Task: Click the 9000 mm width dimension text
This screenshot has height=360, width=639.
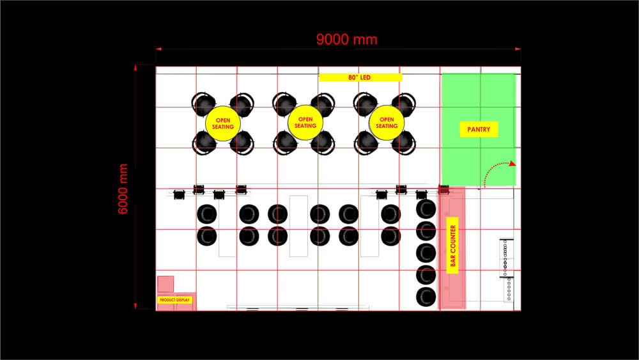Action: [x=347, y=40]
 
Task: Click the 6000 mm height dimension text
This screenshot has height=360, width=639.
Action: [x=123, y=189]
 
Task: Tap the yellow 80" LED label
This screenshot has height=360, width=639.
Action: [x=360, y=77]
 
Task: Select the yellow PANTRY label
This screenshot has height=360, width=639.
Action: [x=479, y=129]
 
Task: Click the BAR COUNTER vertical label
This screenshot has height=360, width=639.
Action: [x=453, y=246]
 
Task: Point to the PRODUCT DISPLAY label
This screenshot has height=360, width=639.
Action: [x=175, y=300]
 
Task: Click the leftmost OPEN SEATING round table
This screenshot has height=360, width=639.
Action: [x=223, y=123]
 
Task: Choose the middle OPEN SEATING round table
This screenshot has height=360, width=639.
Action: [x=305, y=122]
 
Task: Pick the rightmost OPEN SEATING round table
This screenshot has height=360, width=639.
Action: [x=387, y=122]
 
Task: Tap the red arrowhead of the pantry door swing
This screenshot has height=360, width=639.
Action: [x=512, y=164]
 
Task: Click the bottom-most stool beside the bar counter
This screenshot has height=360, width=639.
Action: [x=426, y=297]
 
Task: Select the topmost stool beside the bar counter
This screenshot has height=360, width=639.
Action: [x=426, y=208]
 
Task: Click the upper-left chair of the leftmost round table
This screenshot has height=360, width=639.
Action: [x=203, y=104]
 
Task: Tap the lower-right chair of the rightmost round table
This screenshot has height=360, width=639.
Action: [x=404, y=143]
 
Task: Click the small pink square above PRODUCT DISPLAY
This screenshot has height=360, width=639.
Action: [x=166, y=284]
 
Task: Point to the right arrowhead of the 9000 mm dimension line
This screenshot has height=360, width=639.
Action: [x=518, y=49]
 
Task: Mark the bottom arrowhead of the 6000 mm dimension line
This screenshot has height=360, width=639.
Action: [x=135, y=306]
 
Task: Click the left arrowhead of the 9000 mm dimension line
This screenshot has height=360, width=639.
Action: [x=158, y=49]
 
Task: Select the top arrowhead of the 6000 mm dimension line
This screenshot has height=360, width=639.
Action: [x=135, y=68]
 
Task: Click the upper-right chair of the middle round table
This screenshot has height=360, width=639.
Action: [x=323, y=104]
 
